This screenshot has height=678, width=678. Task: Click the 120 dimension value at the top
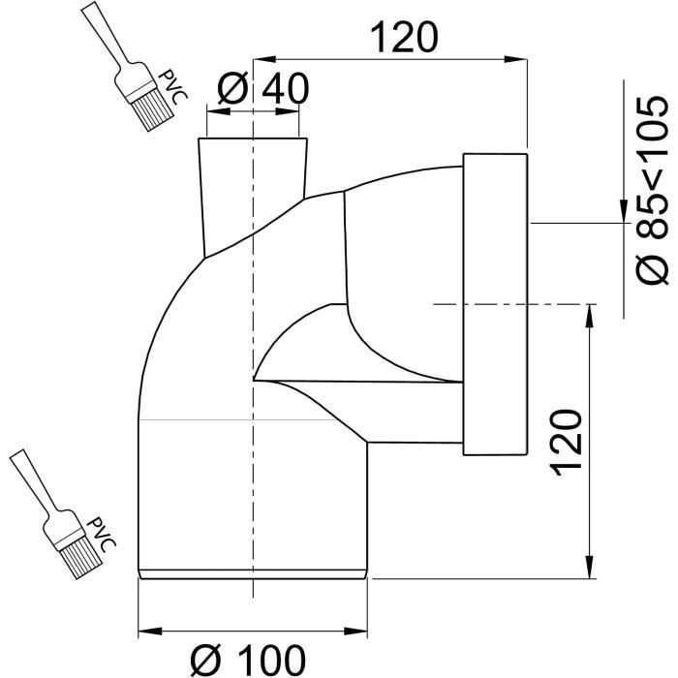[405, 38]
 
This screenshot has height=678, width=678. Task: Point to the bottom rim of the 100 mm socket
[254, 575]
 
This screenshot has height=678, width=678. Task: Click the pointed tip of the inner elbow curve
[255, 379]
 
